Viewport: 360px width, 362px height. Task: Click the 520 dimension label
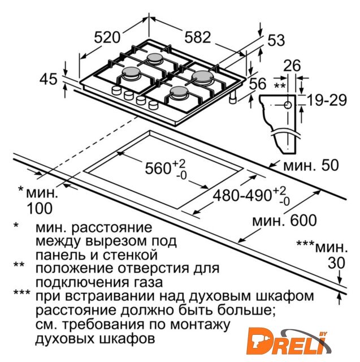[x=107, y=37]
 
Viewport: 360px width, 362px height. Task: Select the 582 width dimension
[x=198, y=37]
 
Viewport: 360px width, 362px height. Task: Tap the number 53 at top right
[x=276, y=40]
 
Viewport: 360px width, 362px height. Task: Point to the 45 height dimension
[x=48, y=79]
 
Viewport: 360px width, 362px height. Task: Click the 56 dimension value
[x=258, y=83]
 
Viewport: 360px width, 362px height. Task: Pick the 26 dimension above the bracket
[x=292, y=66]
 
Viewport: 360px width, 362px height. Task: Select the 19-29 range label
[x=327, y=100]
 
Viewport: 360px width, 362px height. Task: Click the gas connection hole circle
[x=287, y=105]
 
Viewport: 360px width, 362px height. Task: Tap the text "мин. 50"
[x=311, y=165]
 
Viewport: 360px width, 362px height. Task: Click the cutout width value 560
[x=158, y=168]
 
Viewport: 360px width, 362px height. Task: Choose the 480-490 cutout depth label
[x=241, y=196]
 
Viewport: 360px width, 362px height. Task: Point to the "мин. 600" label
[x=284, y=221]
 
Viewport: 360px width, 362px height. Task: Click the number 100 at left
[x=40, y=209]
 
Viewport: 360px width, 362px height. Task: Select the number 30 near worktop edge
[x=336, y=262]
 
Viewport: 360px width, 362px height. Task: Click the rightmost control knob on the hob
[x=154, y=105]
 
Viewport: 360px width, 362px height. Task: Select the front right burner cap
[x=179, y=91]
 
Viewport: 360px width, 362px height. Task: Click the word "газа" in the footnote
[x=148, y=283]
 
